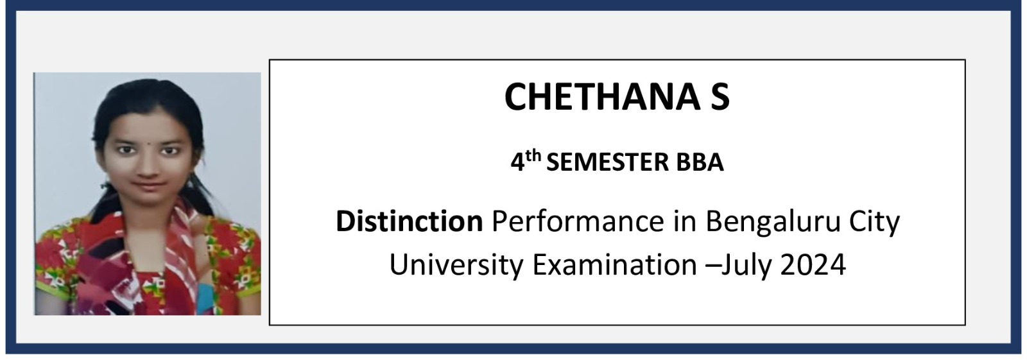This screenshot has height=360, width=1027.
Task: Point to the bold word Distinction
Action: click(x=410, y=221)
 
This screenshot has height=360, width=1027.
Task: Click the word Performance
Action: click(x=578, y=221)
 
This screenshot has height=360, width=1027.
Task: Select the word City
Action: click(x=875, y=223)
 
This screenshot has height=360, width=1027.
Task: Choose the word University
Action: click(x=456, y=266)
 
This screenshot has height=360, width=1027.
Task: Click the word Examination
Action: click(x=615, y=264)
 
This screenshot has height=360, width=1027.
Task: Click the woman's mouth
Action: click(x=149, y=185)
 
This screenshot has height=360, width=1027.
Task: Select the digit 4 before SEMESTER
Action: click(x=518, y=163)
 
